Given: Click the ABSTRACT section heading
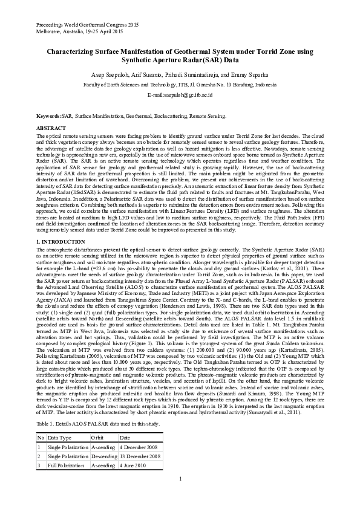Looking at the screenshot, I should click(51, 129).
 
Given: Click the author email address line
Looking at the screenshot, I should click(180, 96).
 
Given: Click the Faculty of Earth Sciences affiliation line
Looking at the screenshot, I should click(180, 85).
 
